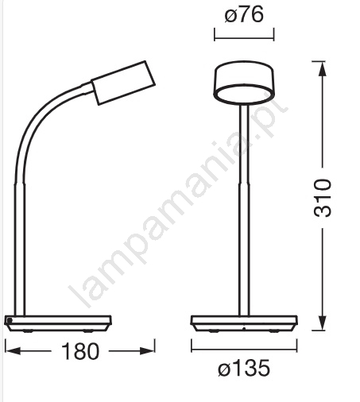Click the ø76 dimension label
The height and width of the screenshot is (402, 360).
[244, 14]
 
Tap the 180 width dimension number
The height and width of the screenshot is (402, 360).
[80, 351]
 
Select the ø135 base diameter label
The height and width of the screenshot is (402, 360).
[244, 368]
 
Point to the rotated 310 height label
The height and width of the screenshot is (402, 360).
[322, 198]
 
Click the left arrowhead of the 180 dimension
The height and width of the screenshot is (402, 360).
[13, 351]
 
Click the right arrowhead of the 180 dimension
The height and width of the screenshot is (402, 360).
[148, 351]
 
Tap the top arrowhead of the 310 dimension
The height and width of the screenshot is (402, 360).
[322, 69]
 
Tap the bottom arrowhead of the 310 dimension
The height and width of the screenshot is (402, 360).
[322, 323]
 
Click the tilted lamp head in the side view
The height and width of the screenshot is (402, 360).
[123, 83]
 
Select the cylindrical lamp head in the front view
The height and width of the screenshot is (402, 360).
[244, 83]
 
